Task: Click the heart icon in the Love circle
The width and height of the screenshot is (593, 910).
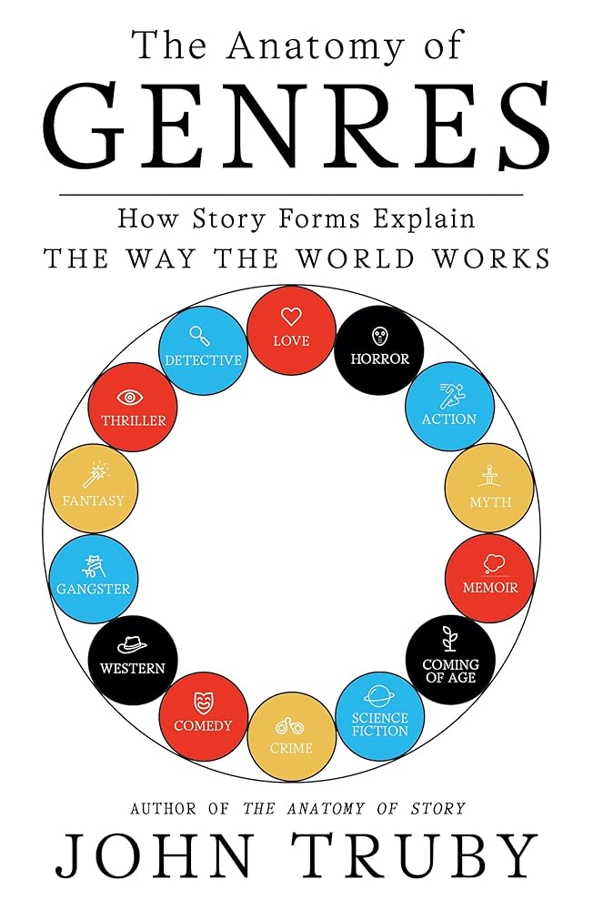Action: point(291,317)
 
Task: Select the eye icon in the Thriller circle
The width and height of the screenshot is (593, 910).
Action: point(133,397)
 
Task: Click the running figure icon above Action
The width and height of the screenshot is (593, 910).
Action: point(449,395)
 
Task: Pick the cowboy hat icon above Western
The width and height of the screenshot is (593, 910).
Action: point(133,643)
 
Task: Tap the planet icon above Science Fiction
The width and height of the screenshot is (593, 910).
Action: point(379,696)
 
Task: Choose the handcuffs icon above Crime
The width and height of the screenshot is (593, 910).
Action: point(291,726)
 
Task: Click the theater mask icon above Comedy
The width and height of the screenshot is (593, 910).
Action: point(203,702)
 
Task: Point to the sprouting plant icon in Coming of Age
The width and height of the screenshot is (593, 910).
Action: point(448,637)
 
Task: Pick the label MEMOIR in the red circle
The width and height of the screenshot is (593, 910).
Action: point(489,588)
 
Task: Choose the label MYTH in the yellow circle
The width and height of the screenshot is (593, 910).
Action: point(490,501)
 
